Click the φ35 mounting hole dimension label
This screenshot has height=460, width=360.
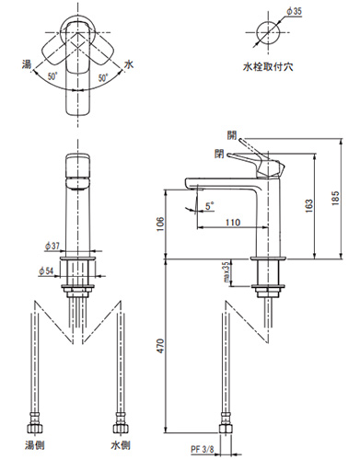[x=294, y=11]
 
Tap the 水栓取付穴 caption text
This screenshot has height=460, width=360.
[x=268, y=66]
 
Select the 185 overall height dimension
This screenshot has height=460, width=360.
[x=336, y=198]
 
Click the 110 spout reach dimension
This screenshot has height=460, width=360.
[x=233, y=222]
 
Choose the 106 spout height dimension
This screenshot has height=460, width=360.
[x=160, y=224]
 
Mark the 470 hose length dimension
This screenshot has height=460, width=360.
[x=160, y=346]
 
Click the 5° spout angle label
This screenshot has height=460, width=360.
[x=210, y=206]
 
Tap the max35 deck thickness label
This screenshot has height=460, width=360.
[x=226, y=271]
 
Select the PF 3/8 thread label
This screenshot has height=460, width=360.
[x=203, y=450]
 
